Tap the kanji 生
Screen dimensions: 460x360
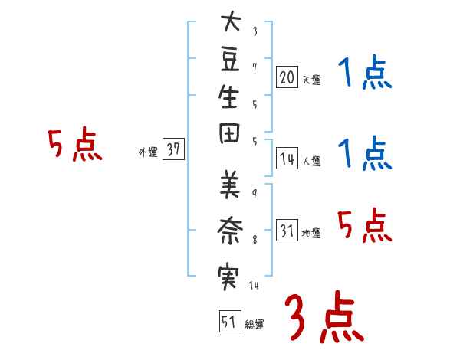tap(228, 99)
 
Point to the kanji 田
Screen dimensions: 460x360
tap(228, 136)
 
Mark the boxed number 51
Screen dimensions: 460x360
tap(228, 322)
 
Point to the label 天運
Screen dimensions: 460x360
tap(311, 80)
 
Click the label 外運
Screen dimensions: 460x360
tap(148, 152)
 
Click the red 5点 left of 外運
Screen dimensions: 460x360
tap(75, 146)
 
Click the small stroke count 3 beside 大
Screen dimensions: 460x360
tap(255, 32)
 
